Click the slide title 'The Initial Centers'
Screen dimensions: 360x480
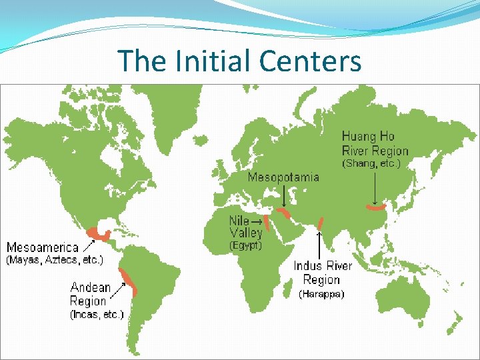tap(239, 61)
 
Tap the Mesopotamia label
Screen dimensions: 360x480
tap(283, 177)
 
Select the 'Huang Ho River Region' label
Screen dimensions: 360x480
tap(375, 144)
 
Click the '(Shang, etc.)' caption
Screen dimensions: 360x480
tap(371, 163)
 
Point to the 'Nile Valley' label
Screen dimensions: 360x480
tap(246, 227)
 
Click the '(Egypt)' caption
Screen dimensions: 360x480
tap(246, 245)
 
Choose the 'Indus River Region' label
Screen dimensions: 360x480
tap(323, 273)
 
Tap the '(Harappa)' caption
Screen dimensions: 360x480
tap(321, 293)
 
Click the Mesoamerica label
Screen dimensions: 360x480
tap(43, 247)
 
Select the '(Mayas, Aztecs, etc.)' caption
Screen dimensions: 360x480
tap(55, 259)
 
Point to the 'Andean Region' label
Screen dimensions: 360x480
tap(91, 294)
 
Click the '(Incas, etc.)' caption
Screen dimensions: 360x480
tap(97, 314)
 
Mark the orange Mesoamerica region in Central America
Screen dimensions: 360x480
tap(102, 233)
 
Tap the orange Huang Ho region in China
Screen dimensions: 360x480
tap(377, 208)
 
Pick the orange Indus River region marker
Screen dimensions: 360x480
tap(321, 223)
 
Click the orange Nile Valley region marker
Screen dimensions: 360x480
tap(265, 222)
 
